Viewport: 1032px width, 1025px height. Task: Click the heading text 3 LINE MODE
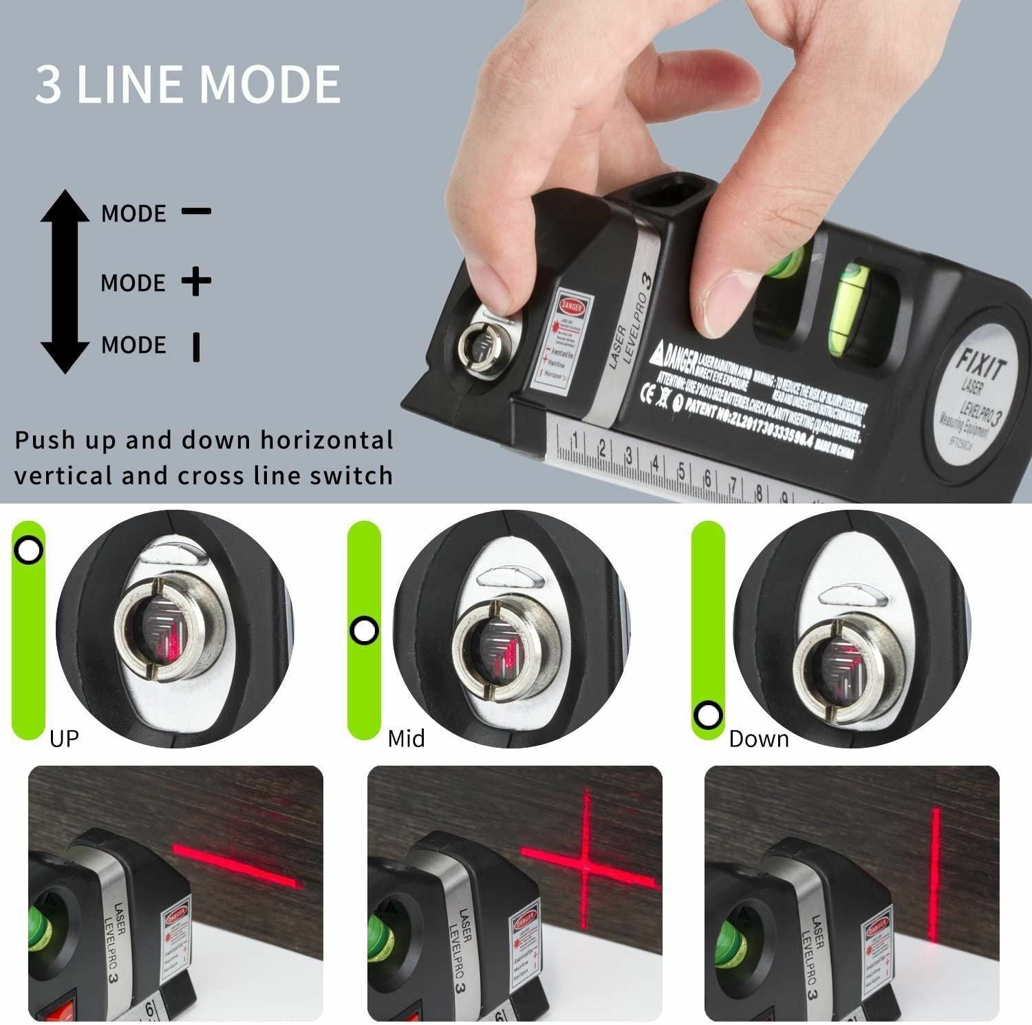(x=188, y=85)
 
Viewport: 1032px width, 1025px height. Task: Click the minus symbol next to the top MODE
(x=196, y=211)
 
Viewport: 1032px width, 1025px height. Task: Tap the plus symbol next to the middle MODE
(x=197, y=281)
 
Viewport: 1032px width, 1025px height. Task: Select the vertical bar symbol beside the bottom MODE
(x=197, y=346)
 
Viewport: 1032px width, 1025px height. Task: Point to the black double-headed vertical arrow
(x=65, y=281)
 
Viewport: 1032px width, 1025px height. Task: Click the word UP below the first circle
(x=64, y=739)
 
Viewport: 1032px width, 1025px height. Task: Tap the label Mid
(x=406, y=739)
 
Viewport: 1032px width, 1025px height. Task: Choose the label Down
(x=758, y=739)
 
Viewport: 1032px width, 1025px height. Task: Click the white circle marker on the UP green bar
(x=29, y=550)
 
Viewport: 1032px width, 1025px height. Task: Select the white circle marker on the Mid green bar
(x=364, y=630)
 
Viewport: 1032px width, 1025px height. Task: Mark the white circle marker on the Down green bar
(x=707, y=715)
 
